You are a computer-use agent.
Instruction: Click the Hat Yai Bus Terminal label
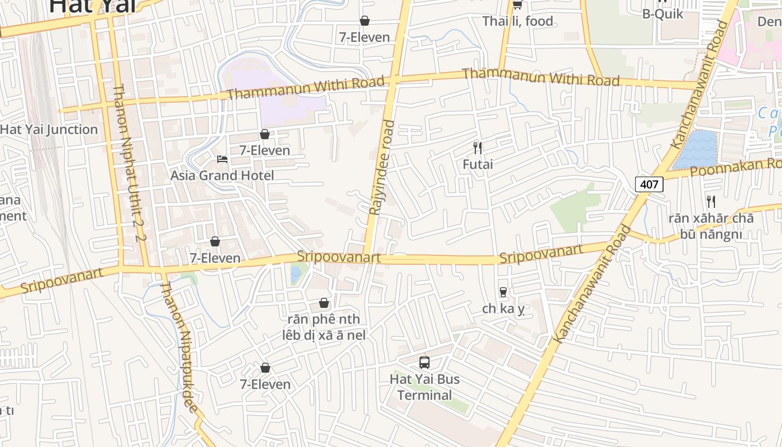click(x=425, y=387)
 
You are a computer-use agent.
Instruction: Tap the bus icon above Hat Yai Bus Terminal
click(x=425, y=363)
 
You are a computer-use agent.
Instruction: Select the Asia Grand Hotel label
click(x=222, y=175)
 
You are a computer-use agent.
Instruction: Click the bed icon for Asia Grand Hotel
click(x=222, y=159)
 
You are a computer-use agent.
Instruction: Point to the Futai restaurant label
click(x=478, y=164)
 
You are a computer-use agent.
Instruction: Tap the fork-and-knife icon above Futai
click(x=478, y=148)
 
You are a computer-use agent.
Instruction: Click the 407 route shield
click(x=649, y=184)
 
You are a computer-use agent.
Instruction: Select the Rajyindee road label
click(x=382, y=168)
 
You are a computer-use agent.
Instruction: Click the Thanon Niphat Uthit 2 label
click(x=129, y=162)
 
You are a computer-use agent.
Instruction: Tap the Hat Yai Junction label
click(x=49, y=130)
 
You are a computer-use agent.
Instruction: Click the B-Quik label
click(x=662, y=14)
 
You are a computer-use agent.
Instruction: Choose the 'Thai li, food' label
click(x=518, y=21)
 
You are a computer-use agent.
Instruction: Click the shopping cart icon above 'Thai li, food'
click(x=517, y=5)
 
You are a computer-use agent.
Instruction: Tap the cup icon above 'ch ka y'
click(x=503, y=292)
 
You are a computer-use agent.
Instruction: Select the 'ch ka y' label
click(x=504, y=309)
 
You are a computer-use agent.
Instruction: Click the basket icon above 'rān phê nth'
click(x=324, y=303)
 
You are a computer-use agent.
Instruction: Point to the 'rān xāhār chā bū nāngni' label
click(x=711, y=226)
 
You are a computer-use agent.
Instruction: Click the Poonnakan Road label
click(x=735, y=167)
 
